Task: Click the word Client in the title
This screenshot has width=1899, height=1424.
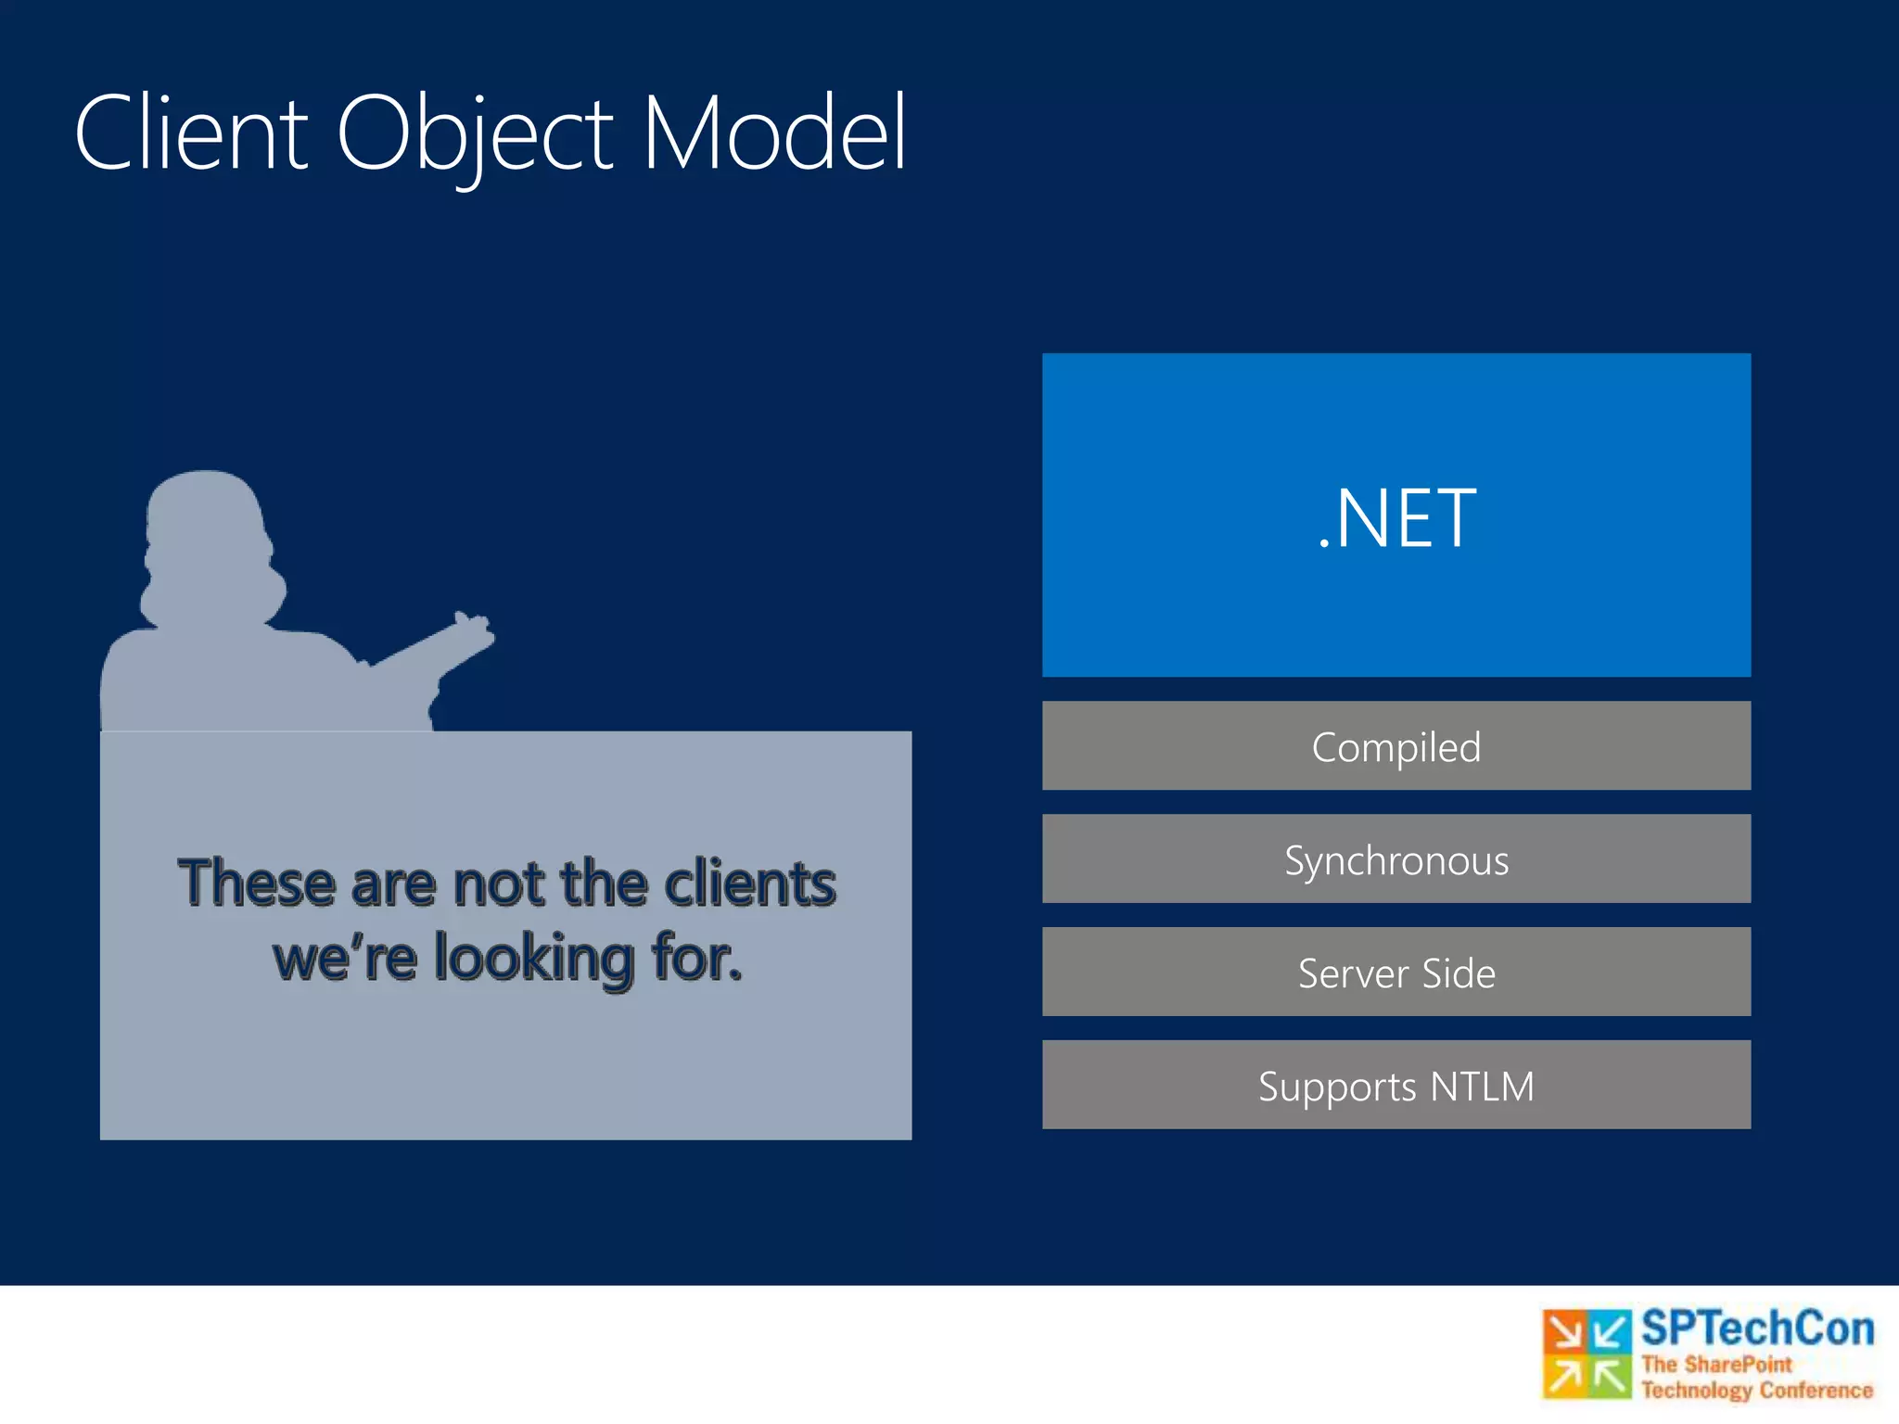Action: pos(190,134)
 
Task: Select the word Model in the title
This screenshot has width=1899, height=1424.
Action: pos(773,134)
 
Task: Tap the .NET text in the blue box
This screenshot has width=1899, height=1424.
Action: pos(1396,519)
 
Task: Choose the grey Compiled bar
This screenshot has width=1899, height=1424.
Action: pos(1396,746)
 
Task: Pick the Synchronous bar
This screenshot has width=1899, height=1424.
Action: pos(1396,859)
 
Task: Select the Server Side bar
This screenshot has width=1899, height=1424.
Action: pos(1396,973)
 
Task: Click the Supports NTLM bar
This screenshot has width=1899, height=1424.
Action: pos(1396,1086)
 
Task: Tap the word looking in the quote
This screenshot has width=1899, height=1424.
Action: pos(534,960)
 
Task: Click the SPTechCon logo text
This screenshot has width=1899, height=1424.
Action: pos(1756,1329)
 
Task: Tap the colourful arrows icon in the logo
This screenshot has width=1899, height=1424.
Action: pos(1587,1354)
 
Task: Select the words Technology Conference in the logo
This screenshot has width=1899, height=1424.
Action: pos(1756,1390)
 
